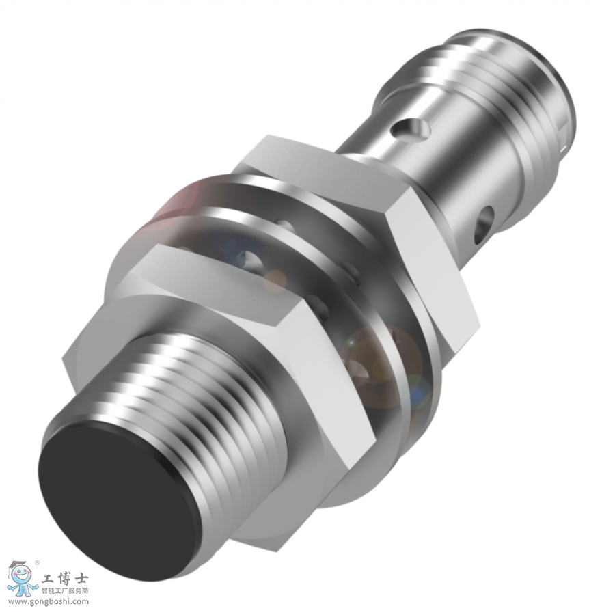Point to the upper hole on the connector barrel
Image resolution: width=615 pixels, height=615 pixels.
pyautogui.click(x=410, y=129)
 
